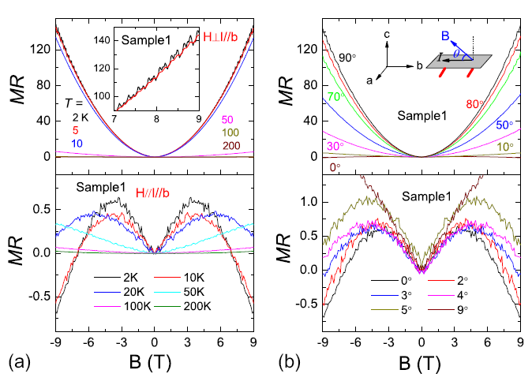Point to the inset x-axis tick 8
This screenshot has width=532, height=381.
(157, 120)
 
